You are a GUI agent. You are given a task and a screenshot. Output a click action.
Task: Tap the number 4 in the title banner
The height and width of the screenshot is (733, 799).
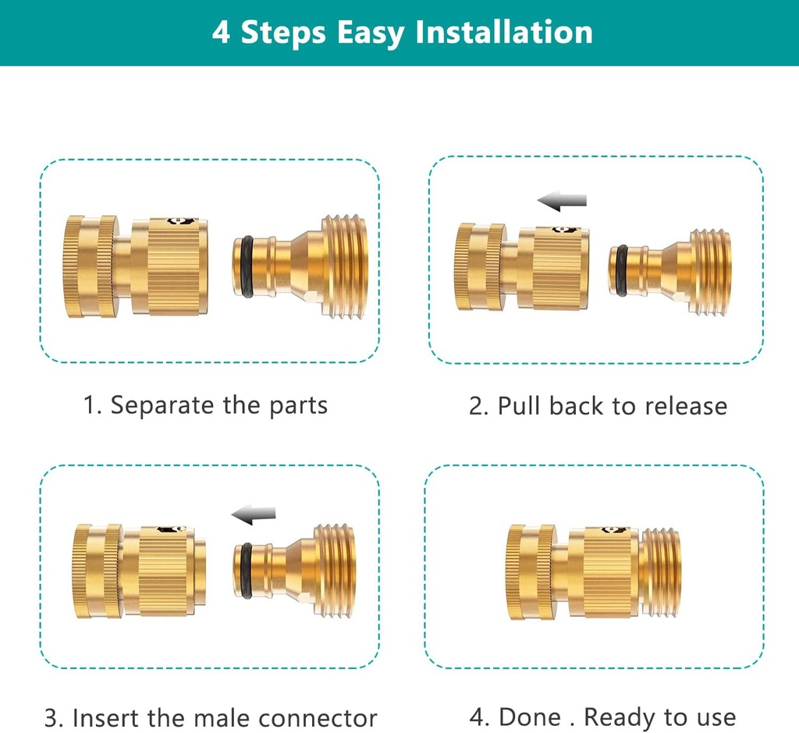[x=221, y=33]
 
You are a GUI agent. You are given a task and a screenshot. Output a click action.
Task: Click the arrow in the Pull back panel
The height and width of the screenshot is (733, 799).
[x=562, y=201]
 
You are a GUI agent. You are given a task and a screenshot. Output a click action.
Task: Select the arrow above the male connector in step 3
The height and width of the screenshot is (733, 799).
[x=254, y=514]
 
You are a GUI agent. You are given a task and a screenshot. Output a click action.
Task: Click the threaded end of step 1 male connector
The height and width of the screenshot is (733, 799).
[x=343, y=267]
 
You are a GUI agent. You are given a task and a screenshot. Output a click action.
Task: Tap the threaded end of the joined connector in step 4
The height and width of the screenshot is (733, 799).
[x=661, y=572]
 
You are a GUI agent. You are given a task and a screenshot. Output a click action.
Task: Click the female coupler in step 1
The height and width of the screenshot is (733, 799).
[x=137, y=265]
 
